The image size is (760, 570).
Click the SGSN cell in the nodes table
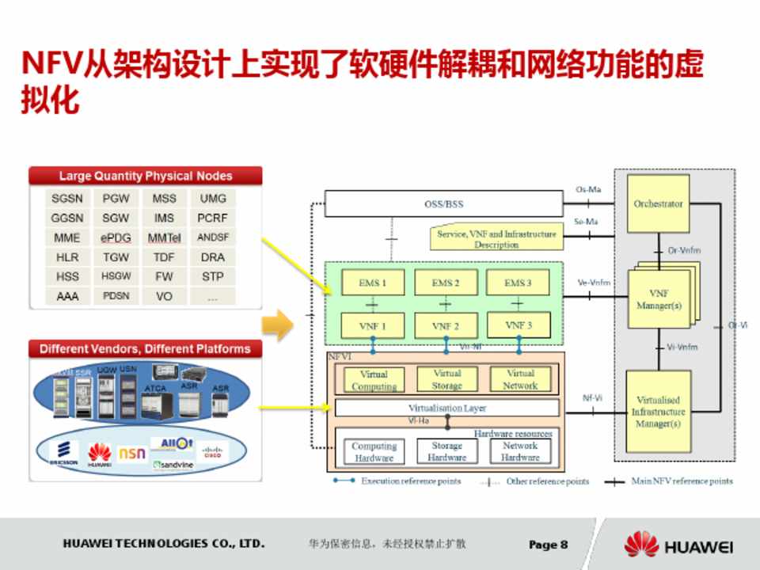[67, 198]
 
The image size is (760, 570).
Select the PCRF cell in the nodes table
[212, 218]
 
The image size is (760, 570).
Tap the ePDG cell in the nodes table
[116, 237]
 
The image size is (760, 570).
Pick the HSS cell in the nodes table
[67, 277]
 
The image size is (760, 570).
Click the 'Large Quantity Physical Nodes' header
[145, 176]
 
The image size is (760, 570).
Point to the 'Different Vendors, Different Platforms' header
[145, 349]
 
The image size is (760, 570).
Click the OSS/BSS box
[443, 204]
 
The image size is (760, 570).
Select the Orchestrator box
[658, 204]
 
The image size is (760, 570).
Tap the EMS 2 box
[446, 283]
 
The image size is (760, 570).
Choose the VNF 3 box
[518, 325]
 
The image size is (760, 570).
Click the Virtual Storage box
[446, 379]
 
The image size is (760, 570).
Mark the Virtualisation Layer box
[447, 408]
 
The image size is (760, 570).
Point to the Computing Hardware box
[374, 452]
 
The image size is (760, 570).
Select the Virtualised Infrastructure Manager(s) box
[658, 412]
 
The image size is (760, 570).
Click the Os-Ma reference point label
[587, 189]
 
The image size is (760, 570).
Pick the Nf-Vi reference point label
[591, 398]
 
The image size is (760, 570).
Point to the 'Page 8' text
[548, 545]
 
